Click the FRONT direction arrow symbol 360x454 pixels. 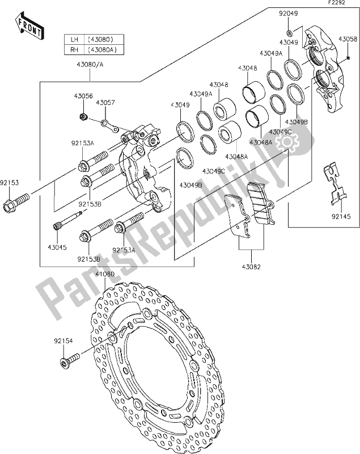(28, 25)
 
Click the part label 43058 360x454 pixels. (348, 39)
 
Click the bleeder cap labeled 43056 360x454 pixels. (83, 117)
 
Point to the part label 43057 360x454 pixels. (104, 103)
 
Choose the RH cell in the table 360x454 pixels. (74, 49)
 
